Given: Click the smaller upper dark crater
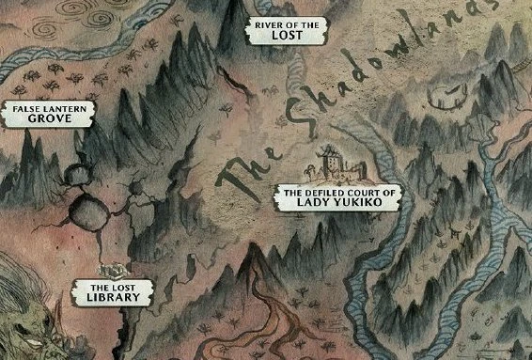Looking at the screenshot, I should point(75,175).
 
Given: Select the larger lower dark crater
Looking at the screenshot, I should point(95,214).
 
